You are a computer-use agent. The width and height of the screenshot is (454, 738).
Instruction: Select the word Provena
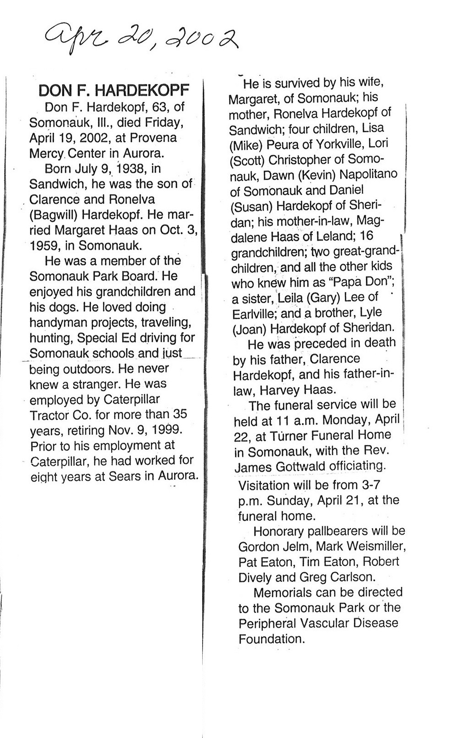tap(153, 138)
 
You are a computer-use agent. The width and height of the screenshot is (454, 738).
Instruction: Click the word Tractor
tap(48, 415)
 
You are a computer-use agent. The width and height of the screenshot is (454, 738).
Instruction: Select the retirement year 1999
tap(166, 430)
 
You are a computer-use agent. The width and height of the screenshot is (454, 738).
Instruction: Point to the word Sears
tap(125, 476)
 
